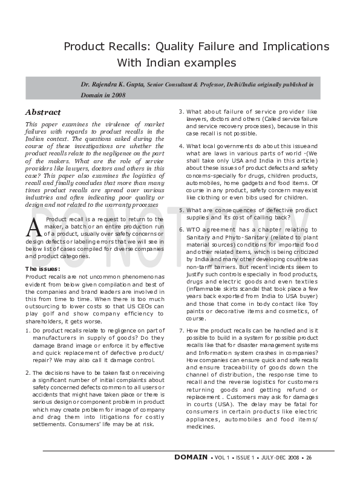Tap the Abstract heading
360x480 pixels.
point(43,112)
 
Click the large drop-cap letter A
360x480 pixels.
point(34,227)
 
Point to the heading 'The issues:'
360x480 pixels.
point(42,268)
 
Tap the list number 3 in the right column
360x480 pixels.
point(181,112)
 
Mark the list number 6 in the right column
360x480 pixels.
point(181,230)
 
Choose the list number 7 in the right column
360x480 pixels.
point(181,330)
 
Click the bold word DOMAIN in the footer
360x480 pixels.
point(191,458)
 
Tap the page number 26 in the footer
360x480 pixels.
point(309,458)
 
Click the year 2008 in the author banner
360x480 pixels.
point(117,96)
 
